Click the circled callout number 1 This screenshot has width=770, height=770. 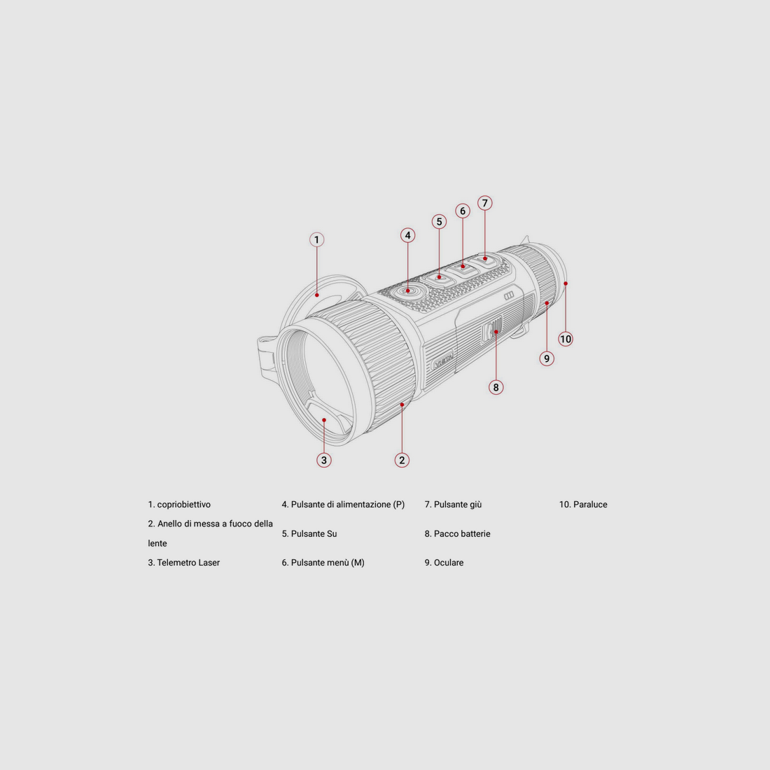point(316,239)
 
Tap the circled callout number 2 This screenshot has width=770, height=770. point(402,460)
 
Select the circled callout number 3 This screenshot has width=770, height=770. point(323,460)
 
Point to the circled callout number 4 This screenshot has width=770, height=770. point(407,235)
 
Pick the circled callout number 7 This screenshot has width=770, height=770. point(484,203)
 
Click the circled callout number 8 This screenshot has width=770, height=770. point(496,388)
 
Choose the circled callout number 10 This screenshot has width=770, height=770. point(566,339)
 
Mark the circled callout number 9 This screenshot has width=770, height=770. point(547,358)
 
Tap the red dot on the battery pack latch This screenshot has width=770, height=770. point(496,332)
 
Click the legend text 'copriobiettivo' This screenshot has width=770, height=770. point(183,504)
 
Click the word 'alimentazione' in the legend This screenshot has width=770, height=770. point(363,504)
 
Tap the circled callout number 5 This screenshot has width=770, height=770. point(439,221)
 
